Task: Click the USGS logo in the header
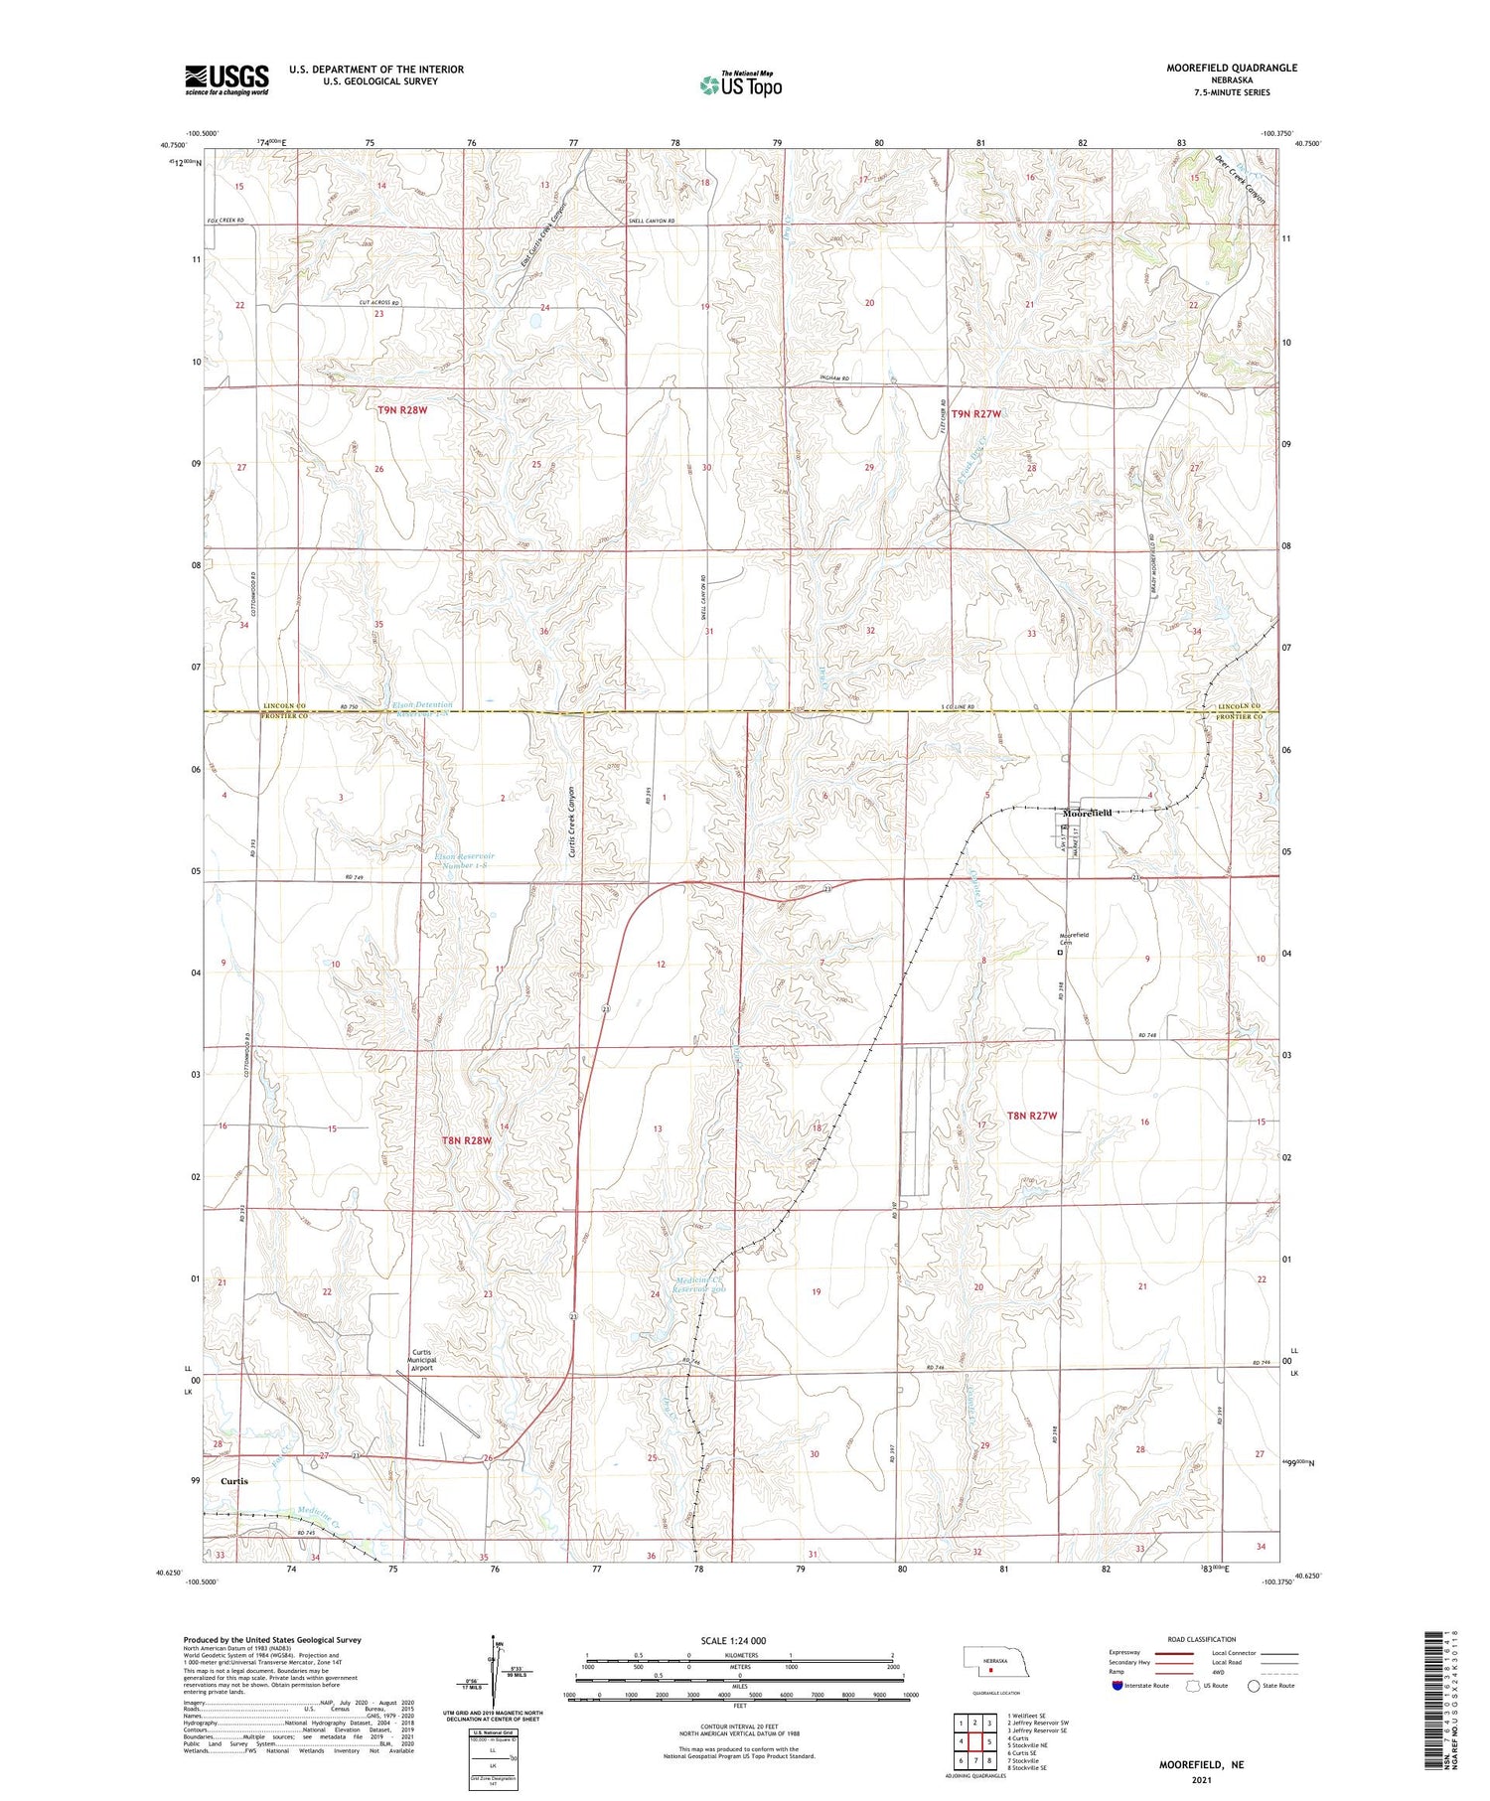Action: pyautogui.click(x=226, y=79)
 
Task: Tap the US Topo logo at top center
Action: pyautogui.click(x=741, y=84)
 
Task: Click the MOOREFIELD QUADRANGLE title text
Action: pyautogui.click(x=1231, y=68)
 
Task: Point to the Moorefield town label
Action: pyautogui.click(x=1088, y=813)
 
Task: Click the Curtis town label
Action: pyautogui.click(x=234, y=1479)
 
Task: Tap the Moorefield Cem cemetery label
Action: pyautogui.click(x=1075, y=938)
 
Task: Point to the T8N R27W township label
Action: pyautogui.click(x=1032, y=1116)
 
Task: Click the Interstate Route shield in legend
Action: pyautogui.click(x=1117, y=1685)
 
